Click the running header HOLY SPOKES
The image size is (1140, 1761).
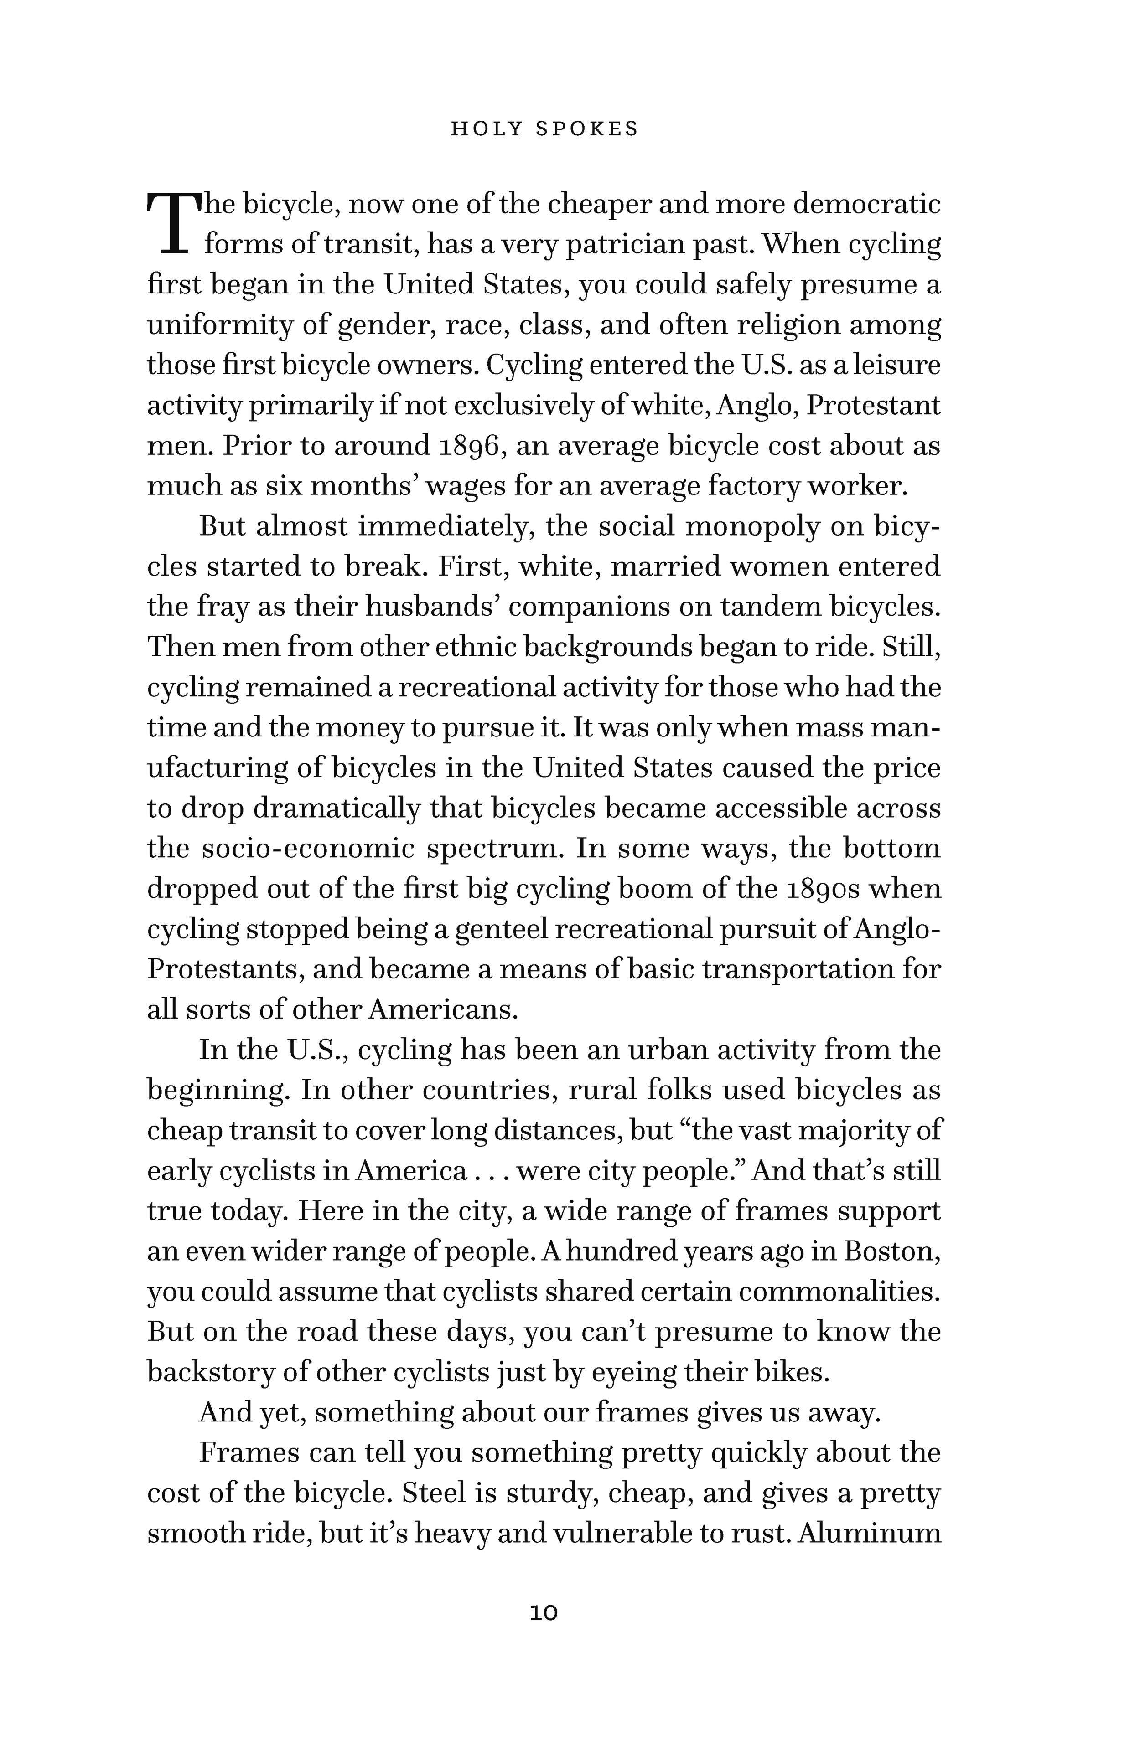[544, 129]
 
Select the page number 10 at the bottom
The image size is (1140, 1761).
[544, 1613]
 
